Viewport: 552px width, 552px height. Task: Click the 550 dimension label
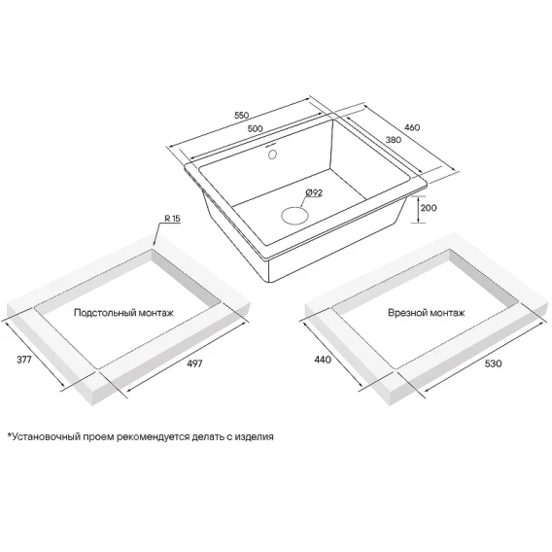click(241, 115)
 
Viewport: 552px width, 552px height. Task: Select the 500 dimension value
click(256, 128)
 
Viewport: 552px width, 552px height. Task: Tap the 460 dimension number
click(412, 127)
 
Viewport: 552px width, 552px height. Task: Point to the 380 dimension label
click(394, 140)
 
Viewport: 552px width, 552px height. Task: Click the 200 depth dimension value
click(429, 208)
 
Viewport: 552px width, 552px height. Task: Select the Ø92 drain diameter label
click(314, 192)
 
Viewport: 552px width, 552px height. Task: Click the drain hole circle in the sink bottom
click(294, 215)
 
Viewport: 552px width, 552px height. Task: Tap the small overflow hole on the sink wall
click(272, 155)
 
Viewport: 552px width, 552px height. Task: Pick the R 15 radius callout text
click(173, 219)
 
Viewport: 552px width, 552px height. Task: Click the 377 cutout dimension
click(24, 359)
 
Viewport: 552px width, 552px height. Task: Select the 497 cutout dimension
click(194, 363)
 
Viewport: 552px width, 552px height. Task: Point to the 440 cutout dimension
click(323, 360)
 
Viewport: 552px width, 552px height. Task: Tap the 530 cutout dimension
click(493, 363)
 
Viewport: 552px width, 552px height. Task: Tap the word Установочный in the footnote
click(46, 437)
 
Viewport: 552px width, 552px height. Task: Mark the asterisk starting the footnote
click(10, 434)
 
